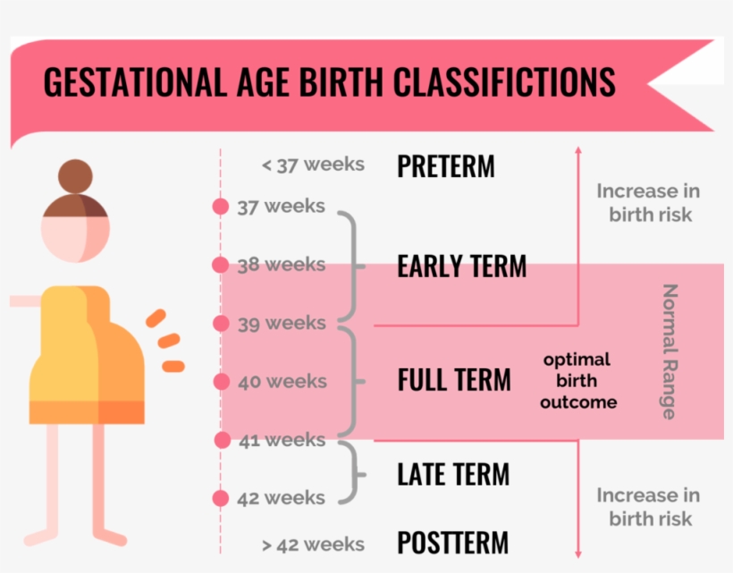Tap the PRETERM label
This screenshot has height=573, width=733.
click(445, 166)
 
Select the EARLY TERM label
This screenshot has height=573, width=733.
click(461, 265)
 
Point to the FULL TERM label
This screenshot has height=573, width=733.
click(454, 379)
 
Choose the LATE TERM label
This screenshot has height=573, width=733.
click(453, 474)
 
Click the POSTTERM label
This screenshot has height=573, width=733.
click(452, 542)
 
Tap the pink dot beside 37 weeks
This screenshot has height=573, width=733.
click(221, 206)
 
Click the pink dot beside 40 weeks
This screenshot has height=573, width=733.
click(222, 382)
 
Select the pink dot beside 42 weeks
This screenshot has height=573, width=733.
click(221, 498)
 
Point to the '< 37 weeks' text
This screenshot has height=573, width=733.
click(313, 164)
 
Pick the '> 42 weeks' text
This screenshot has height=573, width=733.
click(313, 544)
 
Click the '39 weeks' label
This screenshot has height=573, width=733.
click(282, 323)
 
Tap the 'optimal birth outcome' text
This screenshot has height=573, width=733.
click(578, 381)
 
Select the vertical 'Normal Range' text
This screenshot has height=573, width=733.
click(670, 351)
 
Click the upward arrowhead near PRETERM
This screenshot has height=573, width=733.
click(578, 149)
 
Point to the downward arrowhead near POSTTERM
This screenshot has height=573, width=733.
click(578, 554)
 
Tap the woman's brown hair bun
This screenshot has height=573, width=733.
click(75, 176)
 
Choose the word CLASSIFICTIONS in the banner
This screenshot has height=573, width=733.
click(504, 81)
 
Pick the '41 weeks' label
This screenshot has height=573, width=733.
click(282, 440)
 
